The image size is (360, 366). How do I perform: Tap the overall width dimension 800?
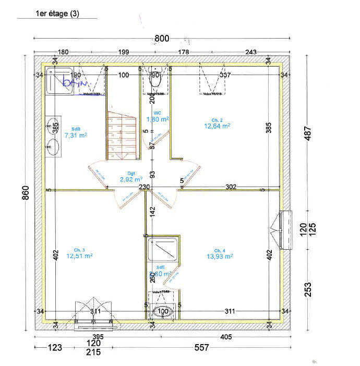coord(162,39)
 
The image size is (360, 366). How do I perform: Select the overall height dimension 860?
coord(25,193)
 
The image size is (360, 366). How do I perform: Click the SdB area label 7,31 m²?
coord(75,135)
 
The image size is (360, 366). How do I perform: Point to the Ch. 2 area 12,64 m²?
coord(218,126)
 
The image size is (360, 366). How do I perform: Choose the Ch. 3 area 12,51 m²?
coord(79,256)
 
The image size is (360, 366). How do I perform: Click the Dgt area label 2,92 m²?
coord(128,179)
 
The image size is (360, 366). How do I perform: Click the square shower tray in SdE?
coord(164,250)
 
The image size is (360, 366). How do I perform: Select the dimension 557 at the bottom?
coord(201,348)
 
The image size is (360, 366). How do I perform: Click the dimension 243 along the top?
coord(251,52)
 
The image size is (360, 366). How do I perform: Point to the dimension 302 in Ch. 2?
coord(231,187)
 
